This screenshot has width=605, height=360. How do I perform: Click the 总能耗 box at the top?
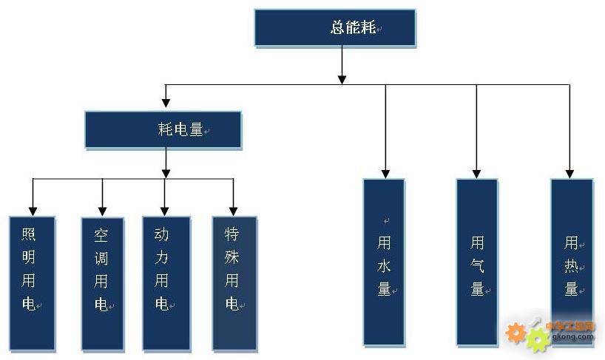pyautogui.click(x=334, y=28)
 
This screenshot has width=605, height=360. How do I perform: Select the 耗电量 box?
pyautogui.click(x=163, y=130)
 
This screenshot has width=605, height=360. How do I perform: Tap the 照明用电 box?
pyautogui.click(x=32, y=282)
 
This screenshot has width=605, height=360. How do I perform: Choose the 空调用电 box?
pyautogui.click(x=102, y=282)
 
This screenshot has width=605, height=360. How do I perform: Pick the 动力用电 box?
pyautogui.click(x=166, y=282)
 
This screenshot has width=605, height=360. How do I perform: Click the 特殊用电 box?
pyautogui.click(x=234, y=282)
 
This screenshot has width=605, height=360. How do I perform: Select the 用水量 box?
pyautogui.click(x=384, y=262)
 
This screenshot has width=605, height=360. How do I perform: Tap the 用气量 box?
pyautogui.click(x=476, y=262)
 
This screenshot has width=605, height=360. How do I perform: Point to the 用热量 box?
pyautogui.click(x=571, y=262)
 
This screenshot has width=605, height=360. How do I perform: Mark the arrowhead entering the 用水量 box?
pyautogui.click(x=385, y=173)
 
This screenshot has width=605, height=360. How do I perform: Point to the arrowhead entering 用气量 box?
pyautogui.click(x=476, y=173)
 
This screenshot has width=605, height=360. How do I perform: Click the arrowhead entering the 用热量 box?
pyautogui.click(x=570, y=173)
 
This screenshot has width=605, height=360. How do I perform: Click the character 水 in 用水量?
pyautogui.click(x=384, y=265)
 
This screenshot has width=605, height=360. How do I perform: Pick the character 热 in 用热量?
pyautogui.click(x=571, y=265)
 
